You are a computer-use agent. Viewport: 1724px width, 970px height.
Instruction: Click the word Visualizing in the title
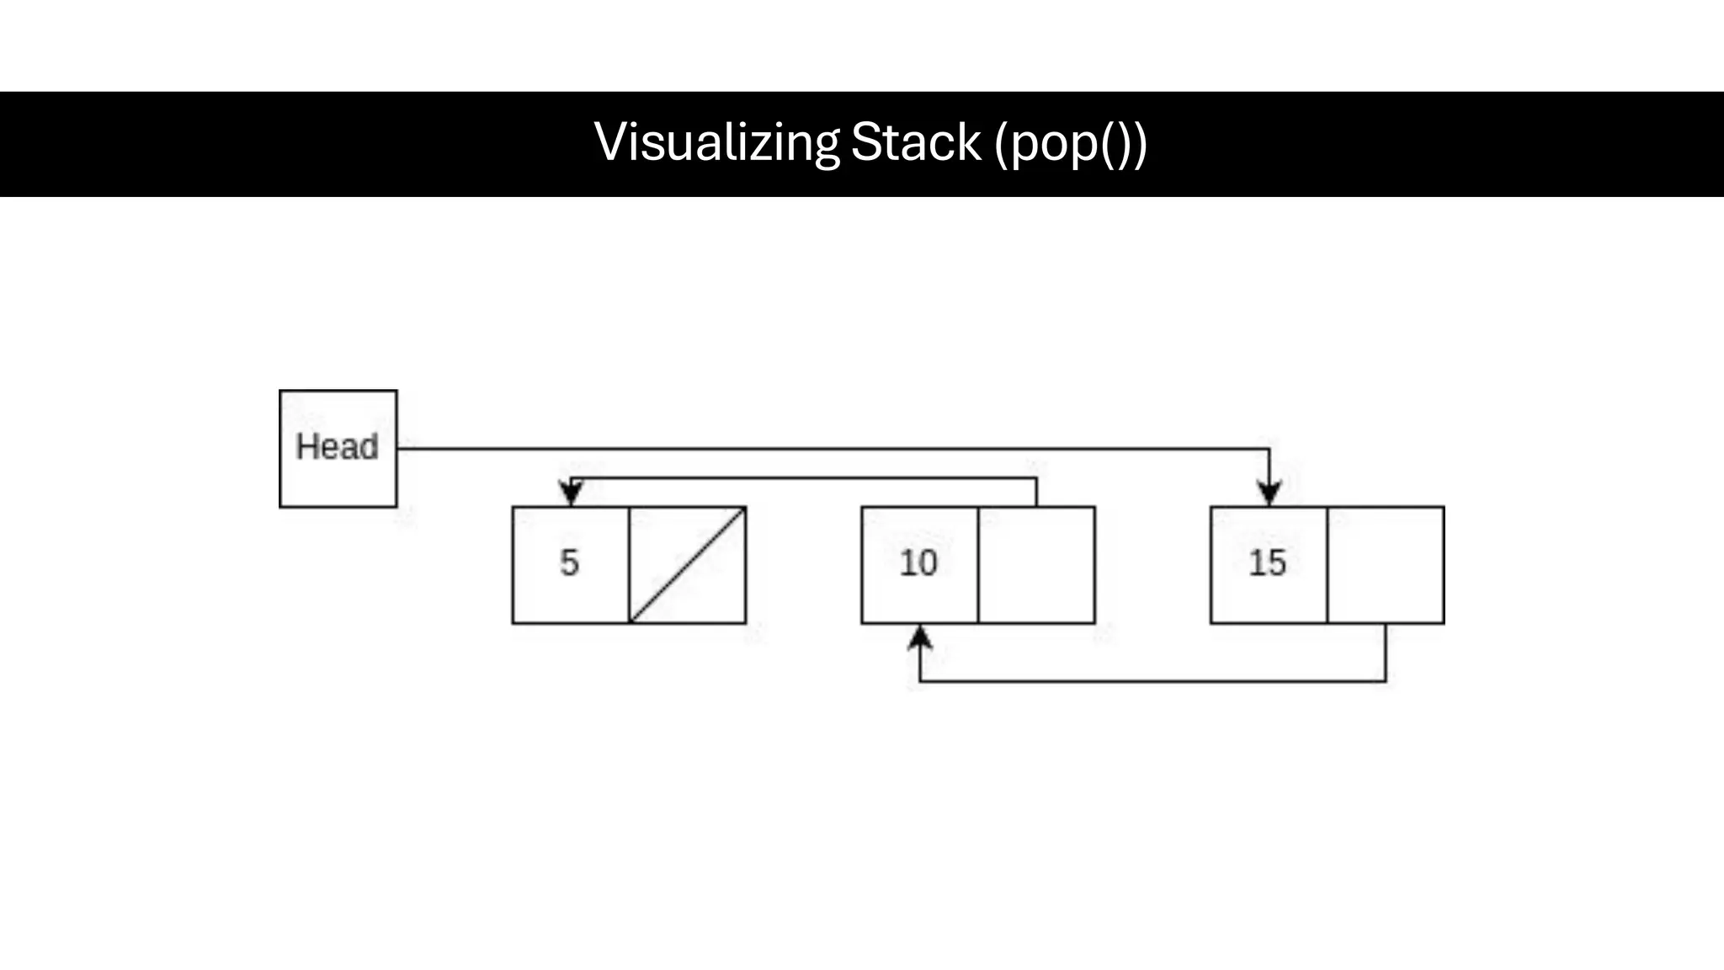tap(716, 142)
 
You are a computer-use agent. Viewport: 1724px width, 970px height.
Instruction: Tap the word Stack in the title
tap(916, 142)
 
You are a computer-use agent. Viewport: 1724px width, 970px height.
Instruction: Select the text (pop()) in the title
tap(1070, 143)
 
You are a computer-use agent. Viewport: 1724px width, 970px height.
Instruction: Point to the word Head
tap(337, 447)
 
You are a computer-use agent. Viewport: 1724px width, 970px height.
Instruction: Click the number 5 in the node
tap(570, 562)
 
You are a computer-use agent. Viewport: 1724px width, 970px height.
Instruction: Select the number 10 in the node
tap(918, 562)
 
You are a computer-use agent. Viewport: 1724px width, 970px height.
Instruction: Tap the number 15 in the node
tap(1268, 562)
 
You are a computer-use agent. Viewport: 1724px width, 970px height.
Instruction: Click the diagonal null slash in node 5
tap(688, 565)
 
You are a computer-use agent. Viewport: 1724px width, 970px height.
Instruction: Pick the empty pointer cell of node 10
tap(1036, 565)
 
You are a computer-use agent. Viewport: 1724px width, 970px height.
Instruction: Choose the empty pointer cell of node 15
tap(1386, 565)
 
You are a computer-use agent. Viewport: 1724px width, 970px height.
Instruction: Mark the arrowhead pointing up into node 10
tap(920, 638)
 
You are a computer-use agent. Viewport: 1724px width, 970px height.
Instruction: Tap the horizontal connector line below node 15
tap(1153, 680)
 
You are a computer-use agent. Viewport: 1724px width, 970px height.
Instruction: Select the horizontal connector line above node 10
tap(804, 478)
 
